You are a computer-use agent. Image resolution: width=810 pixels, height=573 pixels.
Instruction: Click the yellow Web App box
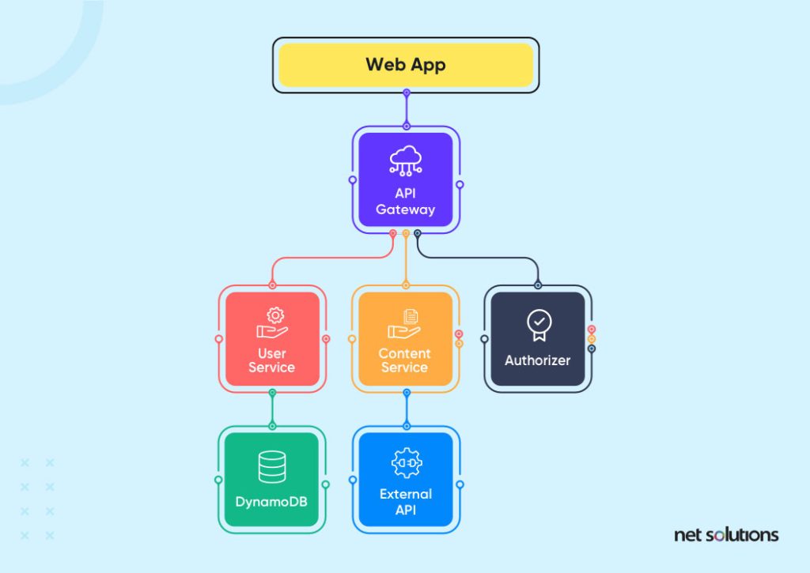coord(406,65)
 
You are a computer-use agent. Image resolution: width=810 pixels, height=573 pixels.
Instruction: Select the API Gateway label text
coord(406,202)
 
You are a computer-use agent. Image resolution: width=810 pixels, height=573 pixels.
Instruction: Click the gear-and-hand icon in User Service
coord(273,323)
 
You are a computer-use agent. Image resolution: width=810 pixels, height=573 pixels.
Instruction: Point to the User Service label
coord(272,360)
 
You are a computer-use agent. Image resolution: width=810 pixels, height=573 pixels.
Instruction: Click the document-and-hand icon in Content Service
coord(404,324)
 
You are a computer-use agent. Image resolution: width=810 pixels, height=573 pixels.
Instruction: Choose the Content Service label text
coord(404,360)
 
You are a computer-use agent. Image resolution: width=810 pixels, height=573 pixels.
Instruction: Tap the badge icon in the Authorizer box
coord(539,325)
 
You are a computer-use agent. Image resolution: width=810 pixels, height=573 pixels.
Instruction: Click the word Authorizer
coord(537,360)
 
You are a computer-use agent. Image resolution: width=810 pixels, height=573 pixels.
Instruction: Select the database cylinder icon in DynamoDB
coord(272,466)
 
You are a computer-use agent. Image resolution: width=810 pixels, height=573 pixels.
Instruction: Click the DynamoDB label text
coord(271,502)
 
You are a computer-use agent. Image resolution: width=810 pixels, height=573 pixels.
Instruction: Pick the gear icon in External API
coord(407,463)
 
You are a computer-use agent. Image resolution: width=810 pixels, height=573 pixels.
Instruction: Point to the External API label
coord(406,502)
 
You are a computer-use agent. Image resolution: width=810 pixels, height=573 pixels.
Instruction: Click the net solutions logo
coord(726,535)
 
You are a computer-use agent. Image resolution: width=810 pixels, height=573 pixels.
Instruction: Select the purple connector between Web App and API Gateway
coord(407,109)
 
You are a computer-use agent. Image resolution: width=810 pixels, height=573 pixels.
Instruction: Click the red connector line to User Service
coord(331,257)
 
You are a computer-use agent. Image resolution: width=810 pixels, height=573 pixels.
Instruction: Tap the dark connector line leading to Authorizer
coord(478,257)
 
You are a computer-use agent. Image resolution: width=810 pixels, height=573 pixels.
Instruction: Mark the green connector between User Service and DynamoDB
coord(272,409)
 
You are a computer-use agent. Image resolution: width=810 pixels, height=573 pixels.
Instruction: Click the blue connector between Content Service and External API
coord(407,409)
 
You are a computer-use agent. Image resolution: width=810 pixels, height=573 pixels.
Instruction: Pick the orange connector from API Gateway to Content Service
coord(406,260)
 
